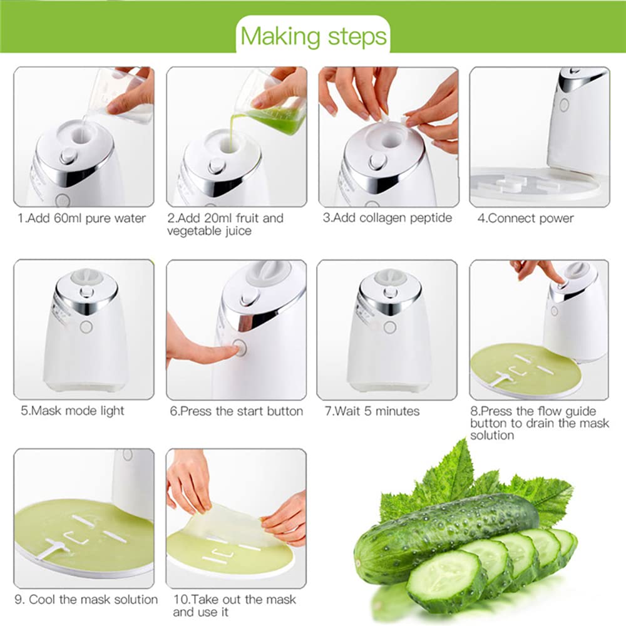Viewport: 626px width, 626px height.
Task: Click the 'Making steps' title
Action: [313, 36]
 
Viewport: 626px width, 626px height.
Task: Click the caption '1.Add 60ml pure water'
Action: [82, 218]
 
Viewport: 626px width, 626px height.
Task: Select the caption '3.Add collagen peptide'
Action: [386, 218]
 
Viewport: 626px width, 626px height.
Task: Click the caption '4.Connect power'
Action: [525, 218]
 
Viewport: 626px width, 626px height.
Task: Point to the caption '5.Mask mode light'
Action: [73, 411]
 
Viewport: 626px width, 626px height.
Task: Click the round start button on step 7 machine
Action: [389, 327]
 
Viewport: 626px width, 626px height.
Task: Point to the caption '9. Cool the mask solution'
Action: [86, 600]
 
